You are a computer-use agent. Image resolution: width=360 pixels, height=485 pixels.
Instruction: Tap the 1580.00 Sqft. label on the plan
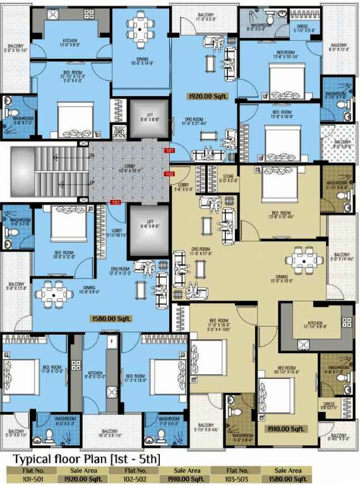click(x=111, y=318)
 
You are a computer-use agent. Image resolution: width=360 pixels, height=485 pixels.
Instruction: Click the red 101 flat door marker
click(x=169, y=151)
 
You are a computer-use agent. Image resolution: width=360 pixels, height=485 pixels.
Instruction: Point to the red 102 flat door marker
click(x=169, y=174)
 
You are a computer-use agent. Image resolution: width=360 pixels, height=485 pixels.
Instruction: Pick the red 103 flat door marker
click(x=115, y=203)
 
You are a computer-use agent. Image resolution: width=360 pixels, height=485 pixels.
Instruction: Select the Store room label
click(x=229, y=178)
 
